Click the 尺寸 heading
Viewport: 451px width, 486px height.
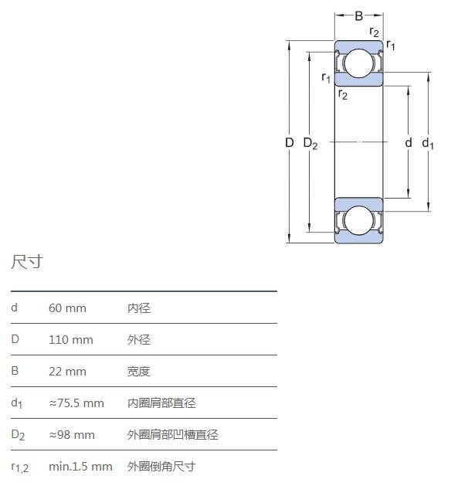click(x=27, y=262)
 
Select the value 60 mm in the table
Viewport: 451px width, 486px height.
click(x=67, y=308)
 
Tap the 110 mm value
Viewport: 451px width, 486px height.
click(x=71, y=340)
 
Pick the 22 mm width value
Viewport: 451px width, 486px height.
click(x=67, y=372)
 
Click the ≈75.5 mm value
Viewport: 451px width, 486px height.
click(x=76, y=403)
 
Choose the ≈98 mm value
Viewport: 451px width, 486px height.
click(x=72, y=435)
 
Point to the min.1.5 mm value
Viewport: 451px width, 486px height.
click(x=80, y=467)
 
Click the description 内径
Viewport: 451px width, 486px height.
click(x=139, y=308)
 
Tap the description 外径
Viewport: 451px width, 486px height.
click(x=139, y=340)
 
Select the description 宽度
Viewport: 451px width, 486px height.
click(x=139, y=372)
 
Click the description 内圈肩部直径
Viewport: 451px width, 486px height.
click(x=161, y=403)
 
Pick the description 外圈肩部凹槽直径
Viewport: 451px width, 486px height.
click(x=173, y=435)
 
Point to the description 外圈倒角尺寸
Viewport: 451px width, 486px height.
click(x=161, y=467)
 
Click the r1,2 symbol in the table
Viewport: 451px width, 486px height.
click(x=19, y=467)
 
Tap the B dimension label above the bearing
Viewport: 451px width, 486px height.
click(x=358, y=15)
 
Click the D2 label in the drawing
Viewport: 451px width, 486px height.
click(x=310, y=144)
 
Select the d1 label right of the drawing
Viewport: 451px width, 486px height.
click(x=428, y=144)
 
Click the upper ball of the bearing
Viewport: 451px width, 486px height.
click(x=358, y=63)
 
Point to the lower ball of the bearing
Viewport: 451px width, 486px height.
click(x=358, y=220)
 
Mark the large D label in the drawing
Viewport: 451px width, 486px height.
click(x=290, y=143)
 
